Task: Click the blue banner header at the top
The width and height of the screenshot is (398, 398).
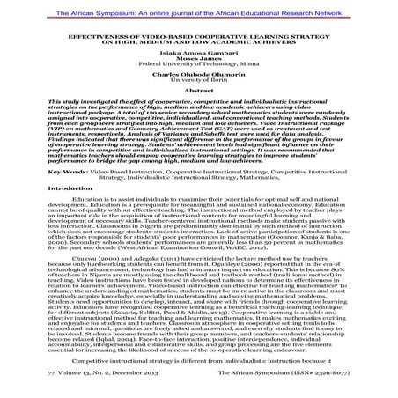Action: point(199,7)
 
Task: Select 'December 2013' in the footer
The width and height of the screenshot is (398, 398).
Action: point(114,386)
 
